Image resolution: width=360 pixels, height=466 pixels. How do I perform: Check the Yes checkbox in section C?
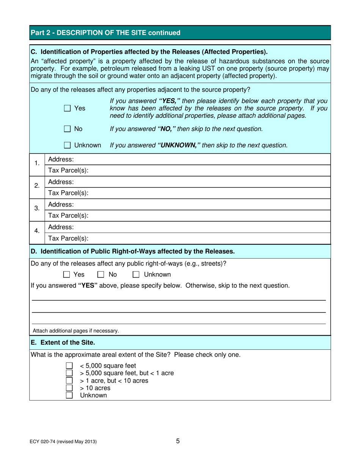point(67,108)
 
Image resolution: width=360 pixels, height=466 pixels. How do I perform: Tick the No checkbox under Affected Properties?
point(67,129)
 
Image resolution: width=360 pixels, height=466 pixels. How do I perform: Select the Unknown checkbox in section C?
point(67,145)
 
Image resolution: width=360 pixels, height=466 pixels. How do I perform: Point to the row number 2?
point(37,186)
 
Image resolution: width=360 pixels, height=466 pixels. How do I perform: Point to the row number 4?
point(37,231)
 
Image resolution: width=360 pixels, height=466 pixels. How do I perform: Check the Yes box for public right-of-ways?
point(66,275)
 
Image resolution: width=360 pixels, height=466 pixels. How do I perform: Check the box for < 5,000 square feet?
point(69,366)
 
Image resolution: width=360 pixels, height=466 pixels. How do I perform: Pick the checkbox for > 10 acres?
point(69,388)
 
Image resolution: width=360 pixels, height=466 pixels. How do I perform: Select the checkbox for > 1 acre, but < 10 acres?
point(69,380)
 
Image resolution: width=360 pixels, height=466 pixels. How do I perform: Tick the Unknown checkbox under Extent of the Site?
point(69,396)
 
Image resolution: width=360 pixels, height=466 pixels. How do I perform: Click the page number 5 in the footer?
point(178,441)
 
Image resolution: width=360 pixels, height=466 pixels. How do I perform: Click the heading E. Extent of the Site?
point(63,343)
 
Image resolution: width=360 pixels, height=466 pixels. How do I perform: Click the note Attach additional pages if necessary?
point(76,331)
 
